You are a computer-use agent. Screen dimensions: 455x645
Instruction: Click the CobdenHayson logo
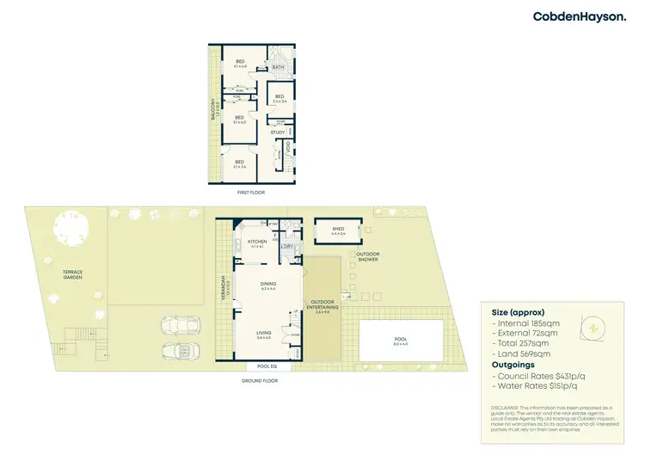click(x=580, y=16)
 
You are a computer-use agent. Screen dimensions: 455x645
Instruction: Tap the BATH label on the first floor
click(x=278, y=67)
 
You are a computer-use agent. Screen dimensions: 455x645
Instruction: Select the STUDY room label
click(x=278, y=132)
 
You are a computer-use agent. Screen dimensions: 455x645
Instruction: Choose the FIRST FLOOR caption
click(x=251, y=193)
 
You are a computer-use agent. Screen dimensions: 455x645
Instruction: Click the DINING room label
click(x=268, y=286)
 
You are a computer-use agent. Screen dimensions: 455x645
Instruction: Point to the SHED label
click(x=336, y=229)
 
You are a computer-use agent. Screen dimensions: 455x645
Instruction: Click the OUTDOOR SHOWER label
click(x=368, y=256)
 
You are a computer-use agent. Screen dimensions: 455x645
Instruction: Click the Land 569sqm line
click(x=520, y=353)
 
